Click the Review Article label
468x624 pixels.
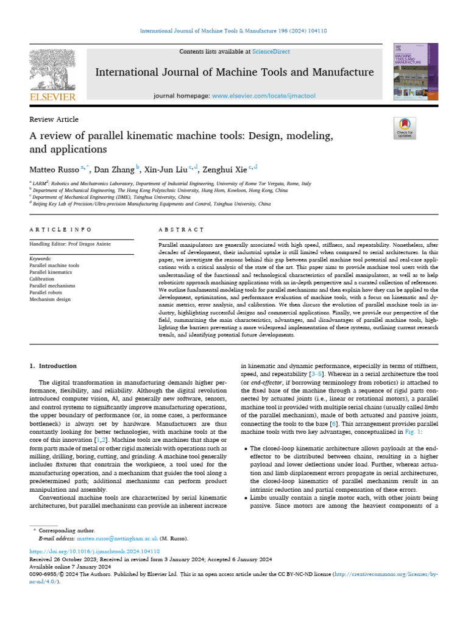54,119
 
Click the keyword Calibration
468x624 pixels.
42,279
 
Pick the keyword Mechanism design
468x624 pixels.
51,299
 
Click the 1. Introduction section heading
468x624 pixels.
54,366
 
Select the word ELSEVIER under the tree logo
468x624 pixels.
52,97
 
